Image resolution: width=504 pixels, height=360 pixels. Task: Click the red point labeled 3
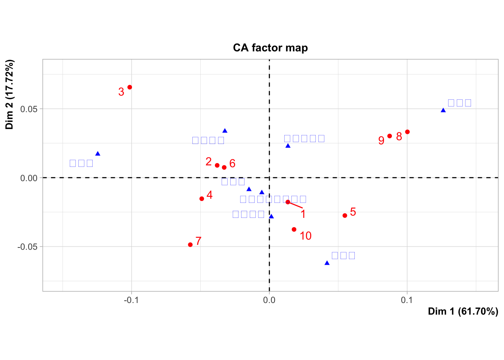pos(130,87)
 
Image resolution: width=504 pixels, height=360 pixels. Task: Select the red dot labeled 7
pos(190,245)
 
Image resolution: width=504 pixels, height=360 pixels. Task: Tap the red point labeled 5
pos(345,216)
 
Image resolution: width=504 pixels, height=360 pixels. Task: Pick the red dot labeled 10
pos(294,229)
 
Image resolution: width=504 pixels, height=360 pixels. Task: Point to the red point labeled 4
pos(202,199)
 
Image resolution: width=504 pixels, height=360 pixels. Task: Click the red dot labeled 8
pos(407,132)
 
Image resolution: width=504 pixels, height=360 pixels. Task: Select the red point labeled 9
pos(390,136)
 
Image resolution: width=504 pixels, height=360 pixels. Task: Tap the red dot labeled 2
pos(217,165)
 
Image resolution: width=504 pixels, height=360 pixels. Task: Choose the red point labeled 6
pos(224,168)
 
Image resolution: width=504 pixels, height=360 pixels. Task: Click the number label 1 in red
pos(303,214)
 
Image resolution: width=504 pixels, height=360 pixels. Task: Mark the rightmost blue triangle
pos(443,110)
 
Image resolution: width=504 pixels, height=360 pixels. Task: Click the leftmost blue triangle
pos(98,154)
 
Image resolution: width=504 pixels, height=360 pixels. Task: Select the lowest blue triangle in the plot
pos(327,263)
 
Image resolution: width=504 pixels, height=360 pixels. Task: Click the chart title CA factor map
pos(270,48)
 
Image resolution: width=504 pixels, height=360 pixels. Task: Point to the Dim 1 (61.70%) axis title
pos(463,312)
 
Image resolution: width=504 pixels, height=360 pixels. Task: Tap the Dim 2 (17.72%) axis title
pos(10,94)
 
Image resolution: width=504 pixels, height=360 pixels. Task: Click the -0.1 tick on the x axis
pos(131,300)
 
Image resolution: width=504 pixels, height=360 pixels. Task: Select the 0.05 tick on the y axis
pos(29,109)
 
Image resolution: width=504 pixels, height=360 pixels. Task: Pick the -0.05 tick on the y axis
pos(28,247)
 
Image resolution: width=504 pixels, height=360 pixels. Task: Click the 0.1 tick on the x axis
pos(407,300)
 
